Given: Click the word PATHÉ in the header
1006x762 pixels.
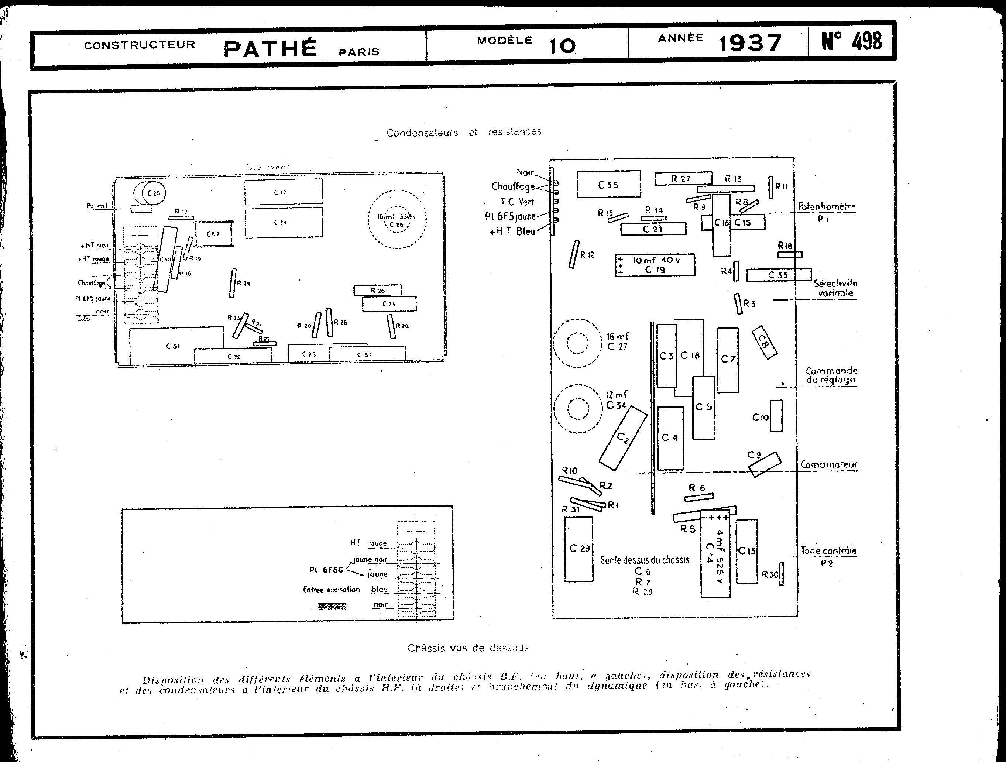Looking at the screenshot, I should click(x=270, y=49).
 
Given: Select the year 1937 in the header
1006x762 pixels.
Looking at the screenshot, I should click(x=751, y=43).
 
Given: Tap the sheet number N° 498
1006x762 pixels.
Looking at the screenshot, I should click(x=851, y=41).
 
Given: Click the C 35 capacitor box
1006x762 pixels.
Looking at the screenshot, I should click(x=608, y=184).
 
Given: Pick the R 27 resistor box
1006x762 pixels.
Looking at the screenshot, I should click(x=683, y=179).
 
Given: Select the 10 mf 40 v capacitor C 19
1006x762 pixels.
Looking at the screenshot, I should click(x=655, y=265).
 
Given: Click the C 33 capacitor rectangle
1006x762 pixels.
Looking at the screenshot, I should click(x=778, y=275).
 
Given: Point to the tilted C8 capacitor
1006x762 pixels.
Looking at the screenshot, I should click(x=764, y=343).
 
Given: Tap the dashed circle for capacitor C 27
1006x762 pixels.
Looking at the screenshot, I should click(x=578, y=343).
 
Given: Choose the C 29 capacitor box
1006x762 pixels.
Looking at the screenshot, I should click(x=578, y=549).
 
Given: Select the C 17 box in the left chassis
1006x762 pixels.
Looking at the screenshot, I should click(x=283, y=192).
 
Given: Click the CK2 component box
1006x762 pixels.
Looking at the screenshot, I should click(x=213, y=234).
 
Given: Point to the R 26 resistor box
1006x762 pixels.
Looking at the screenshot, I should click(x=377, y=290).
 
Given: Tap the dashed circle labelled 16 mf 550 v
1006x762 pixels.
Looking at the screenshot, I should click(x=396, y=219).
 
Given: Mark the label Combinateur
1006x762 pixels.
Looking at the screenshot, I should click(x=829, y=464).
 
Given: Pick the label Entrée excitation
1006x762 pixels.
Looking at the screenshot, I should click(x=331, y=590).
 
